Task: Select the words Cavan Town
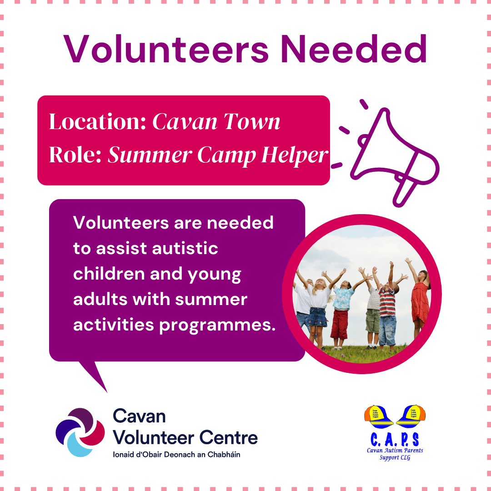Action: (x=216, y=122)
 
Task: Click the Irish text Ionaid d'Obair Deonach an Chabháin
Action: (x=177, y=455)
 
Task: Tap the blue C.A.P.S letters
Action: (x=395, y=439)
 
